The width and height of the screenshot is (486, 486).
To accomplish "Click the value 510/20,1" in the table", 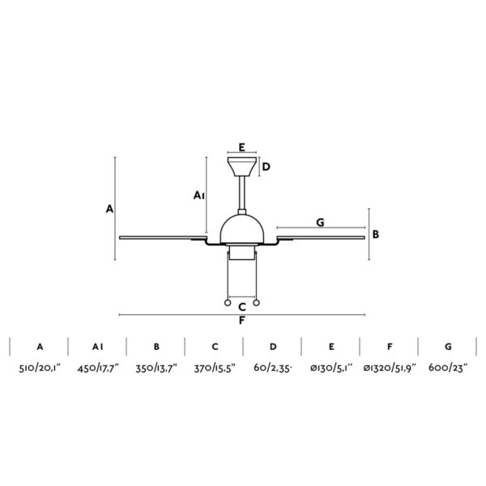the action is click(40, 369).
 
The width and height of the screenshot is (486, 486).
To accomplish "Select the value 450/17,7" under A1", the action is click(98, 369).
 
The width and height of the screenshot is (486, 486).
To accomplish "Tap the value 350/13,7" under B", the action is click(156, 369).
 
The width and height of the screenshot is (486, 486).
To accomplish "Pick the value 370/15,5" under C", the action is click(215, 369).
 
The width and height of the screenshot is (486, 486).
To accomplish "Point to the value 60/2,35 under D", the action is click(273, 369).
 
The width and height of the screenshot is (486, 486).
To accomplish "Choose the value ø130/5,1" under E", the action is click(331, 369).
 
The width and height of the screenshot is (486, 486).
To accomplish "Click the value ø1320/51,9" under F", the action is click(390, 369).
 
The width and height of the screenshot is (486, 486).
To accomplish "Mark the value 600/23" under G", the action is click(448, 369).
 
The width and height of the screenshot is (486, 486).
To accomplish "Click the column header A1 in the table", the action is click(98, 347).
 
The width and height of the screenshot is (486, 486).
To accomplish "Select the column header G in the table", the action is click(448, 347).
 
